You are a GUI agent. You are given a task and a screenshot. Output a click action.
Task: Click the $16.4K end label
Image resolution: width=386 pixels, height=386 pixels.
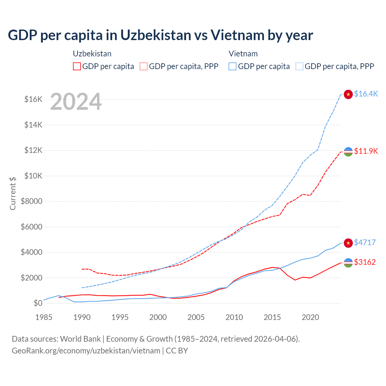(366, 94)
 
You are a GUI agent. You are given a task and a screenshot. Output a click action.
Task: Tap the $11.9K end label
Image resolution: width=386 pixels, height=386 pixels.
(366, 151)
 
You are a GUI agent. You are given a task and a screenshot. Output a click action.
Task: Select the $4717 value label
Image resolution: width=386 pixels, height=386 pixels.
(365, 242)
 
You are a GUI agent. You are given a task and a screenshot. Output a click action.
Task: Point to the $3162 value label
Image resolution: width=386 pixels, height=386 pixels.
(365, 262)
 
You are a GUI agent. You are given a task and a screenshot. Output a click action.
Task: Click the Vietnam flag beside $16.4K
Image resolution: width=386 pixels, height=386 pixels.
(348, 94)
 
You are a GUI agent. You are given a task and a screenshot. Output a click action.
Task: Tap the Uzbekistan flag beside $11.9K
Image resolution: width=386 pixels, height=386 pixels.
(348, 152)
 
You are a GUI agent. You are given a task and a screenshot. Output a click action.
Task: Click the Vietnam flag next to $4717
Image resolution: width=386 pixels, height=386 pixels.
(348, 243)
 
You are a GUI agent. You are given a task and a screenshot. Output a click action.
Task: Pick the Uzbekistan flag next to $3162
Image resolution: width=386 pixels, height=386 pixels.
(348, 263)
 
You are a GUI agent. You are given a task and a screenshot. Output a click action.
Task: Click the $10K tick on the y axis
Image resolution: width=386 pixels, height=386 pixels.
(33, 176)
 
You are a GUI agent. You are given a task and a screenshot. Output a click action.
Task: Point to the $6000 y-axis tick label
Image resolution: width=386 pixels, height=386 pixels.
(31, 227)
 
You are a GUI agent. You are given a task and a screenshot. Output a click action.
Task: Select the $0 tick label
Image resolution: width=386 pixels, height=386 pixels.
(38, 303)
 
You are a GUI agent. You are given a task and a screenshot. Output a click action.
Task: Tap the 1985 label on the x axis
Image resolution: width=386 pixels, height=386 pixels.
(44, 317)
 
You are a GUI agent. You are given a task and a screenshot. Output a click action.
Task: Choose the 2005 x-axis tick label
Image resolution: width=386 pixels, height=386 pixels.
(196, 317)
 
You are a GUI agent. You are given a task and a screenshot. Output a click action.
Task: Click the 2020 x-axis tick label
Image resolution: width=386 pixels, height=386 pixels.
(310, 317)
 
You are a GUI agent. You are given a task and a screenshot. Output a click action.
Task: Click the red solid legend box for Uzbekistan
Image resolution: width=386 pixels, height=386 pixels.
(77, 66)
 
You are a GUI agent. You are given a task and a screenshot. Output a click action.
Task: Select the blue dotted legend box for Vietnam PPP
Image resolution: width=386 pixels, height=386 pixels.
(299, 66)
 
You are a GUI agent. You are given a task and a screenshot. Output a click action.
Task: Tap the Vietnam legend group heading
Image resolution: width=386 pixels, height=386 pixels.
(243, 54)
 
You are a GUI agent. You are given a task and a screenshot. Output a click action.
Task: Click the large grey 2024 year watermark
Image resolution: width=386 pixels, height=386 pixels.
(76, 102)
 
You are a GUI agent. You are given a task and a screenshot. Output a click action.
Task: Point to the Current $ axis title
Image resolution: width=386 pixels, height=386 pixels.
(13, 193)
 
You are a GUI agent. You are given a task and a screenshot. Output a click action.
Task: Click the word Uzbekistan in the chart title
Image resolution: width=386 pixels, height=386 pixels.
(156, 35)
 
